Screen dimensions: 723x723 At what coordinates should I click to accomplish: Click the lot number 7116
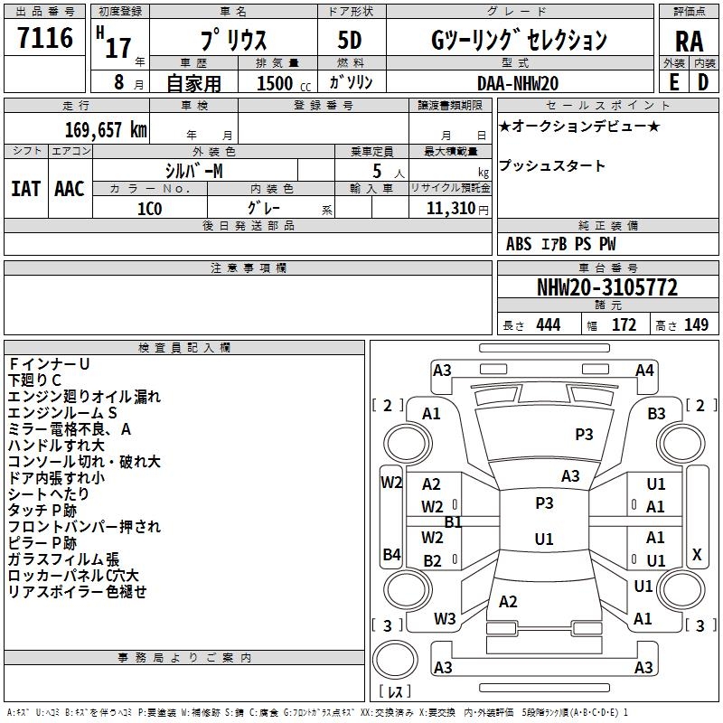tap(45, 39)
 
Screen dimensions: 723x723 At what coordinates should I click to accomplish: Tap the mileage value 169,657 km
tap(106, 130)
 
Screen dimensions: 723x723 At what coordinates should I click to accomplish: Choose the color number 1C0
tap(149, 207)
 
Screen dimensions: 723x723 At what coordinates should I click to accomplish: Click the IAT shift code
tap(25, 189)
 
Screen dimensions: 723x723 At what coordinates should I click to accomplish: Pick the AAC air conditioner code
tap(69, 189)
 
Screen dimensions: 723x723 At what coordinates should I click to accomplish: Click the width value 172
tap(624, 325)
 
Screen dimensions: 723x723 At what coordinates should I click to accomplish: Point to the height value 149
tap(696, 325)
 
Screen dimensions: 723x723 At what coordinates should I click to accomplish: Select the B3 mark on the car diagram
tap(656, 414)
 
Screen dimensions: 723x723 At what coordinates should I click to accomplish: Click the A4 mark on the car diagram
tap(644, 370)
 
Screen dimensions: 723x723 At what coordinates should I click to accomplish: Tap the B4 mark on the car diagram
tap(391, 554)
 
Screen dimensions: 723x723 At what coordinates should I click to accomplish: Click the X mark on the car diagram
tap(696, 554)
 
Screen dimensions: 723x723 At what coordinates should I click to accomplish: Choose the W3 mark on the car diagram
tap(445, 619)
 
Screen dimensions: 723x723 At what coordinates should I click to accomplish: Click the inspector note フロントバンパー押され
tap(84, 527)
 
